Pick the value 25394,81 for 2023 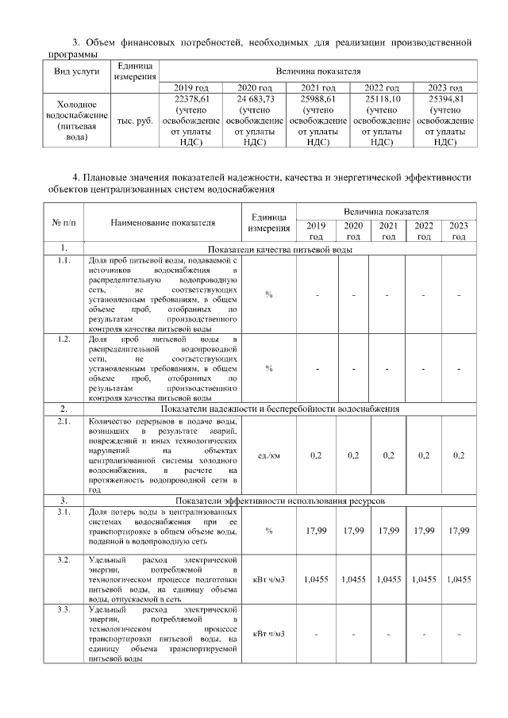click(x=444, y=98)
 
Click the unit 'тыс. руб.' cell click(x=134, y=121)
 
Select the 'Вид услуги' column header click(x=75, y=71)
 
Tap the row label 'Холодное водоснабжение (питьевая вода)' click(x=75, y=121)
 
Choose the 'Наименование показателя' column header click(x=163, y=224)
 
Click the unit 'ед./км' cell click(x=269, y=455)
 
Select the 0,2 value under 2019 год click(x=316, y=455)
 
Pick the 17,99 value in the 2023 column click(x=459, y=530)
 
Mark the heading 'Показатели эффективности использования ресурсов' click(x=280, y=501)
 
